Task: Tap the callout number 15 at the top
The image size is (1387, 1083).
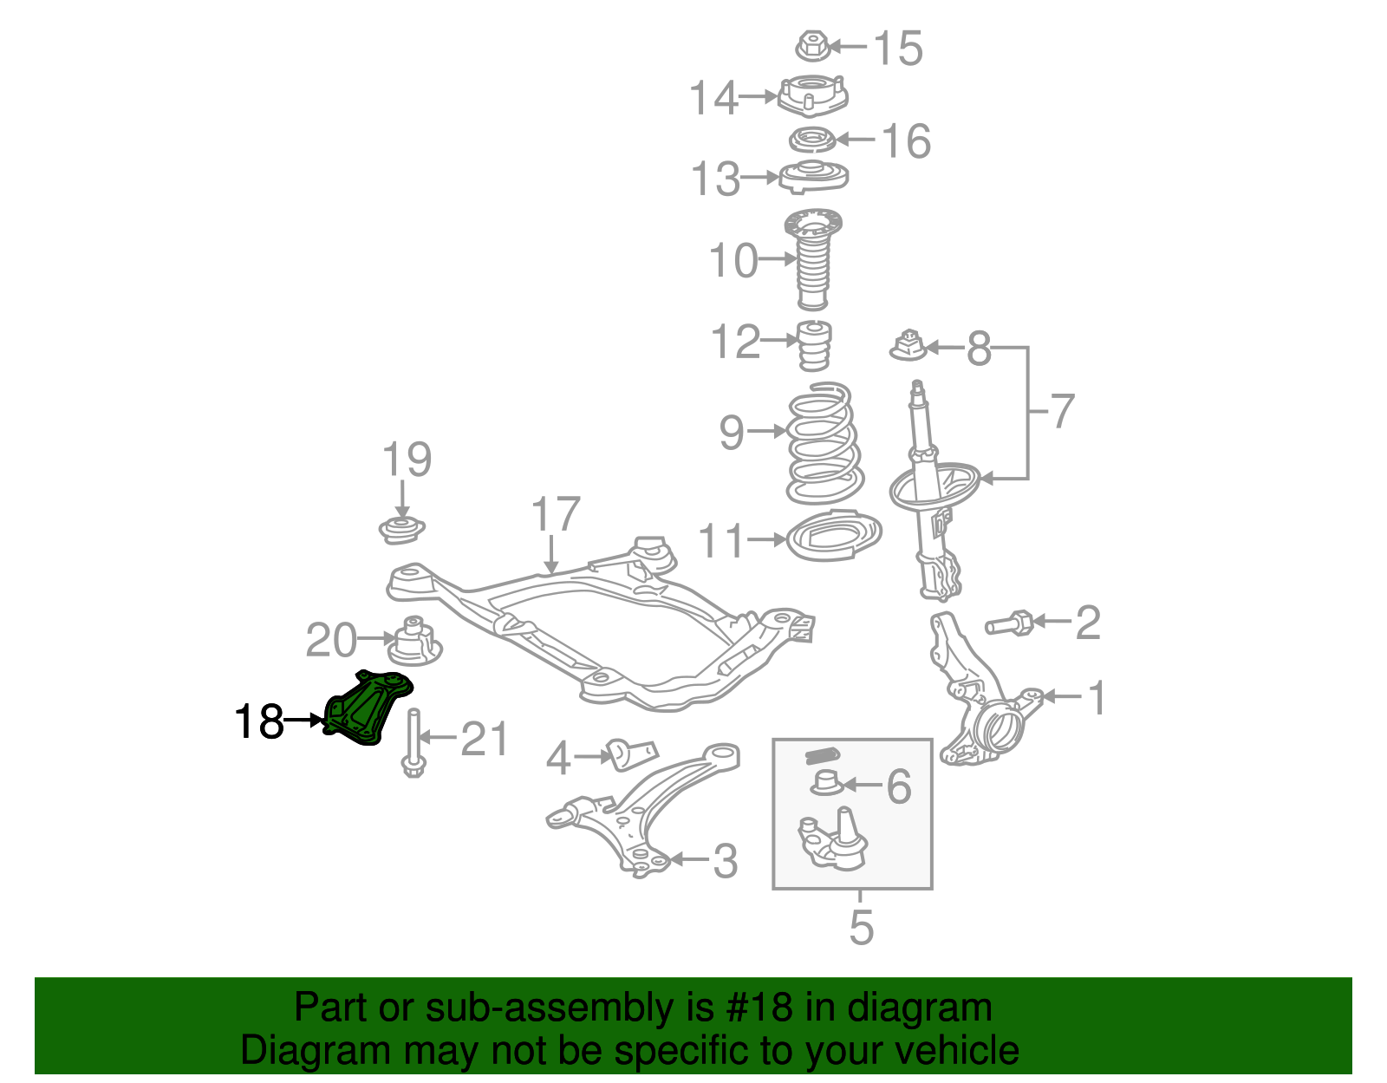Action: coord(898,49)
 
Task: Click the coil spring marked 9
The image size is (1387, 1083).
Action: coord(824,445)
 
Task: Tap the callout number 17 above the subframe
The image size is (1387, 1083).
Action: coord(555,515)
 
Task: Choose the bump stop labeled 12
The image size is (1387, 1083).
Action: coord(815,344)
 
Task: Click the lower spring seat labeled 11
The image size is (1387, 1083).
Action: coord(834,538)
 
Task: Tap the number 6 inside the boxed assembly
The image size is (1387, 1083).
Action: coord(899,786)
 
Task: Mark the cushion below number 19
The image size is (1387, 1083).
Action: coord(402,528)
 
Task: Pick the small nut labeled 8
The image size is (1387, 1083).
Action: coord(908,345)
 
